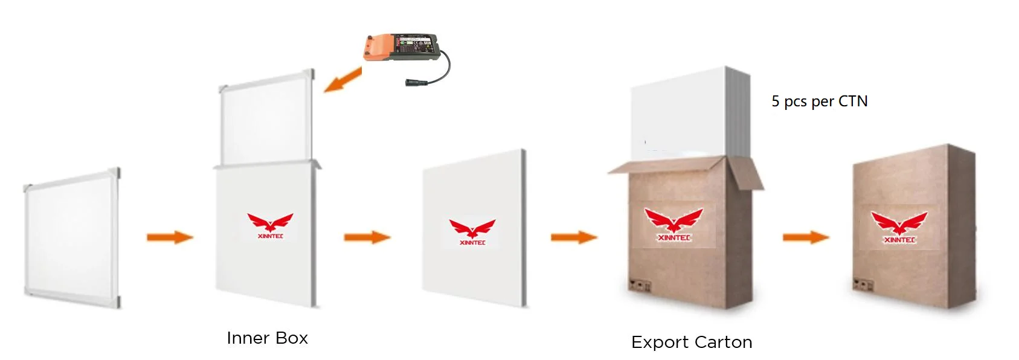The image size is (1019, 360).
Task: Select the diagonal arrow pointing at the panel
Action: tap(342, 80)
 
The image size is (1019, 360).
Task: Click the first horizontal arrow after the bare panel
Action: tap(170, 237)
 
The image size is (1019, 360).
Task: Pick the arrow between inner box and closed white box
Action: tap(367, 237)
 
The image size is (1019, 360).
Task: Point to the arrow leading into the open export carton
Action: tap(574, 237)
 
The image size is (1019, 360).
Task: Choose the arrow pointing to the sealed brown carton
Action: tap(806, 237)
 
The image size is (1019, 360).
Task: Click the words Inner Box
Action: tap(267, 338)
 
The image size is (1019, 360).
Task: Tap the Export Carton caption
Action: tap(692, 342)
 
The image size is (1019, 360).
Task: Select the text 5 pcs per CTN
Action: tap(819, 101)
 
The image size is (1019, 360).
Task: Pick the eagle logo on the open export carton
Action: tap(673, 224)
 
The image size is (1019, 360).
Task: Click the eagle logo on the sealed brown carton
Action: tap(899, 227)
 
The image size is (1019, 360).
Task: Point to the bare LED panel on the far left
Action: tap(72, 239)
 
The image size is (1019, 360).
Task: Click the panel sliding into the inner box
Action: tap(266, 118)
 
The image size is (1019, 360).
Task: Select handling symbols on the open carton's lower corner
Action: tap(640, 286)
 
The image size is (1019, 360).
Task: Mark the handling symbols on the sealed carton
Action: tap(863, 284)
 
